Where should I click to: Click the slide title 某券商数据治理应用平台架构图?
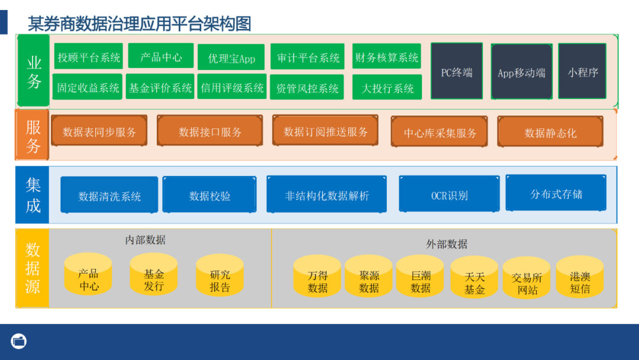pyautogui.click(x=140, y=24)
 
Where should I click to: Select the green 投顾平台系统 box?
pyautogui.click(x=89, y=57)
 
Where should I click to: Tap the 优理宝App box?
pyautogui.click(x=231, y=58)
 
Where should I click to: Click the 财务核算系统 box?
pyautogui.click(x=386, y=57)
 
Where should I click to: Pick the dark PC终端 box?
pyautogui.click(x=456, y=72)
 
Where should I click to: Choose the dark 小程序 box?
pyautogui.click(x=582, y=72)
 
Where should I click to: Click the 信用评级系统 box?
pyautogui.click(x=232, y=88)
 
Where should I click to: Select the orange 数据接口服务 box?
pyautogui.click(x=210, y=131)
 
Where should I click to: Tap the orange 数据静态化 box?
pyautogui.click(x=550, y=132)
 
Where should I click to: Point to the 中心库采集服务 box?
pyautogui.click(x=440, y=132)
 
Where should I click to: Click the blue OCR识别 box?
pyautogui.click(x=449, y=195)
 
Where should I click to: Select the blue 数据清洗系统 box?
pyautogui.click(x=109, y=195)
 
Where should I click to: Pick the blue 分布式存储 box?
pyautogui.click(x=556, y=194)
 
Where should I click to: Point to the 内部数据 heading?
pyautogui.click(x=146, y=240)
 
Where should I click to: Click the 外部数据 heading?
pyautogui.click(x=447, y=243)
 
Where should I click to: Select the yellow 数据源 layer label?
pyautogui.click(x=33, y=268)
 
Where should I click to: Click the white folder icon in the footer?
pyautogui.click(x=19, y=341)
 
